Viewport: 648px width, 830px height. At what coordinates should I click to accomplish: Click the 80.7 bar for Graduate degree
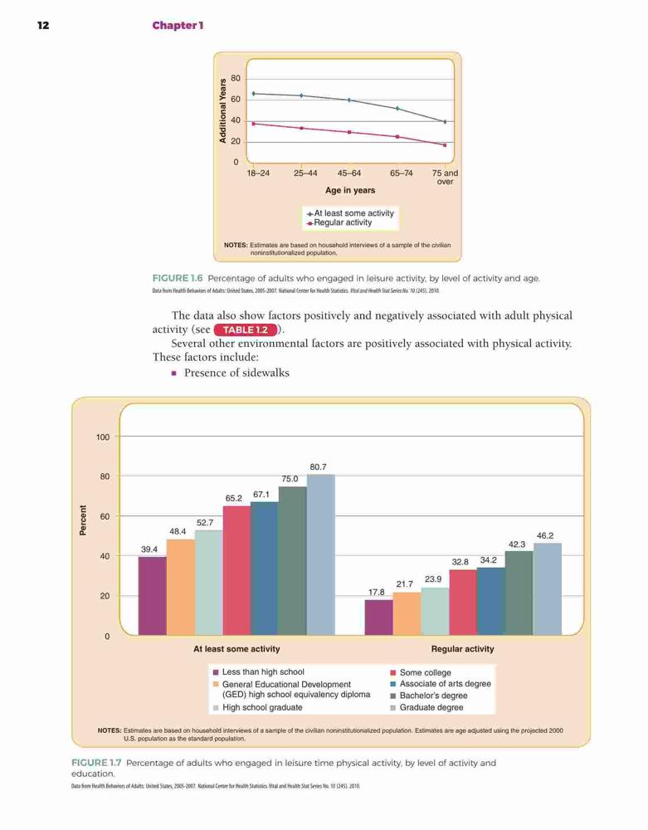coord(320,554)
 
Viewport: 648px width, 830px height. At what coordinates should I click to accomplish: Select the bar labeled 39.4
coord(153,596)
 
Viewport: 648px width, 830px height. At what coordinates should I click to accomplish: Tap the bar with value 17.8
coord(378,618)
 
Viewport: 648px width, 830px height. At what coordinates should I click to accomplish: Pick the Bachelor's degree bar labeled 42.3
coord(519,593)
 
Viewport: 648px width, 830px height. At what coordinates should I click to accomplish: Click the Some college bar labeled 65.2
coord(236,571)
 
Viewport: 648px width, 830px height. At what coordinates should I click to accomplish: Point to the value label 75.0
coord(290,479)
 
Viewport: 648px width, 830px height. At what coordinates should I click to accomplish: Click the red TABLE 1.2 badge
coord(246,330)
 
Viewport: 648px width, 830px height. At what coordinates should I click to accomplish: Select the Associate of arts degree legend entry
coord(441,684)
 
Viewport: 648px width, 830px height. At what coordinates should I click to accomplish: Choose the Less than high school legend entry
coord(258,671)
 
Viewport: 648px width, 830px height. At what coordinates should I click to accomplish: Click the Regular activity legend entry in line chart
coord(339,222)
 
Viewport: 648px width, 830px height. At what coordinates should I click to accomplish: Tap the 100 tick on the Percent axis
coord(103,437)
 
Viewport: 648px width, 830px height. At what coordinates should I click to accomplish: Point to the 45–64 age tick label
coord(349,173)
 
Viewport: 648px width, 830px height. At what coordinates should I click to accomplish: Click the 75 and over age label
coord(445,178)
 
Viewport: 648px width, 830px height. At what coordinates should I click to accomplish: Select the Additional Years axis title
coord(222,110)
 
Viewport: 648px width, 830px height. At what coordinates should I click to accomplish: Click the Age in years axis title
coord(350,190)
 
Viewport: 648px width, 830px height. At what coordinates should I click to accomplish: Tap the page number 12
coord(43,26)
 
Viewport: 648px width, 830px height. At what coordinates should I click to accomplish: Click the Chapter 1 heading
coord(178,26)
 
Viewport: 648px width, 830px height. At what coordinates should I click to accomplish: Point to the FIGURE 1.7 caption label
coord(96,763)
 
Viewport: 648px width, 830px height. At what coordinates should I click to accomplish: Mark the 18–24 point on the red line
coord(254,124)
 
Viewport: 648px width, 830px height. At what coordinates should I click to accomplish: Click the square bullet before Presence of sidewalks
coord(174,373)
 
